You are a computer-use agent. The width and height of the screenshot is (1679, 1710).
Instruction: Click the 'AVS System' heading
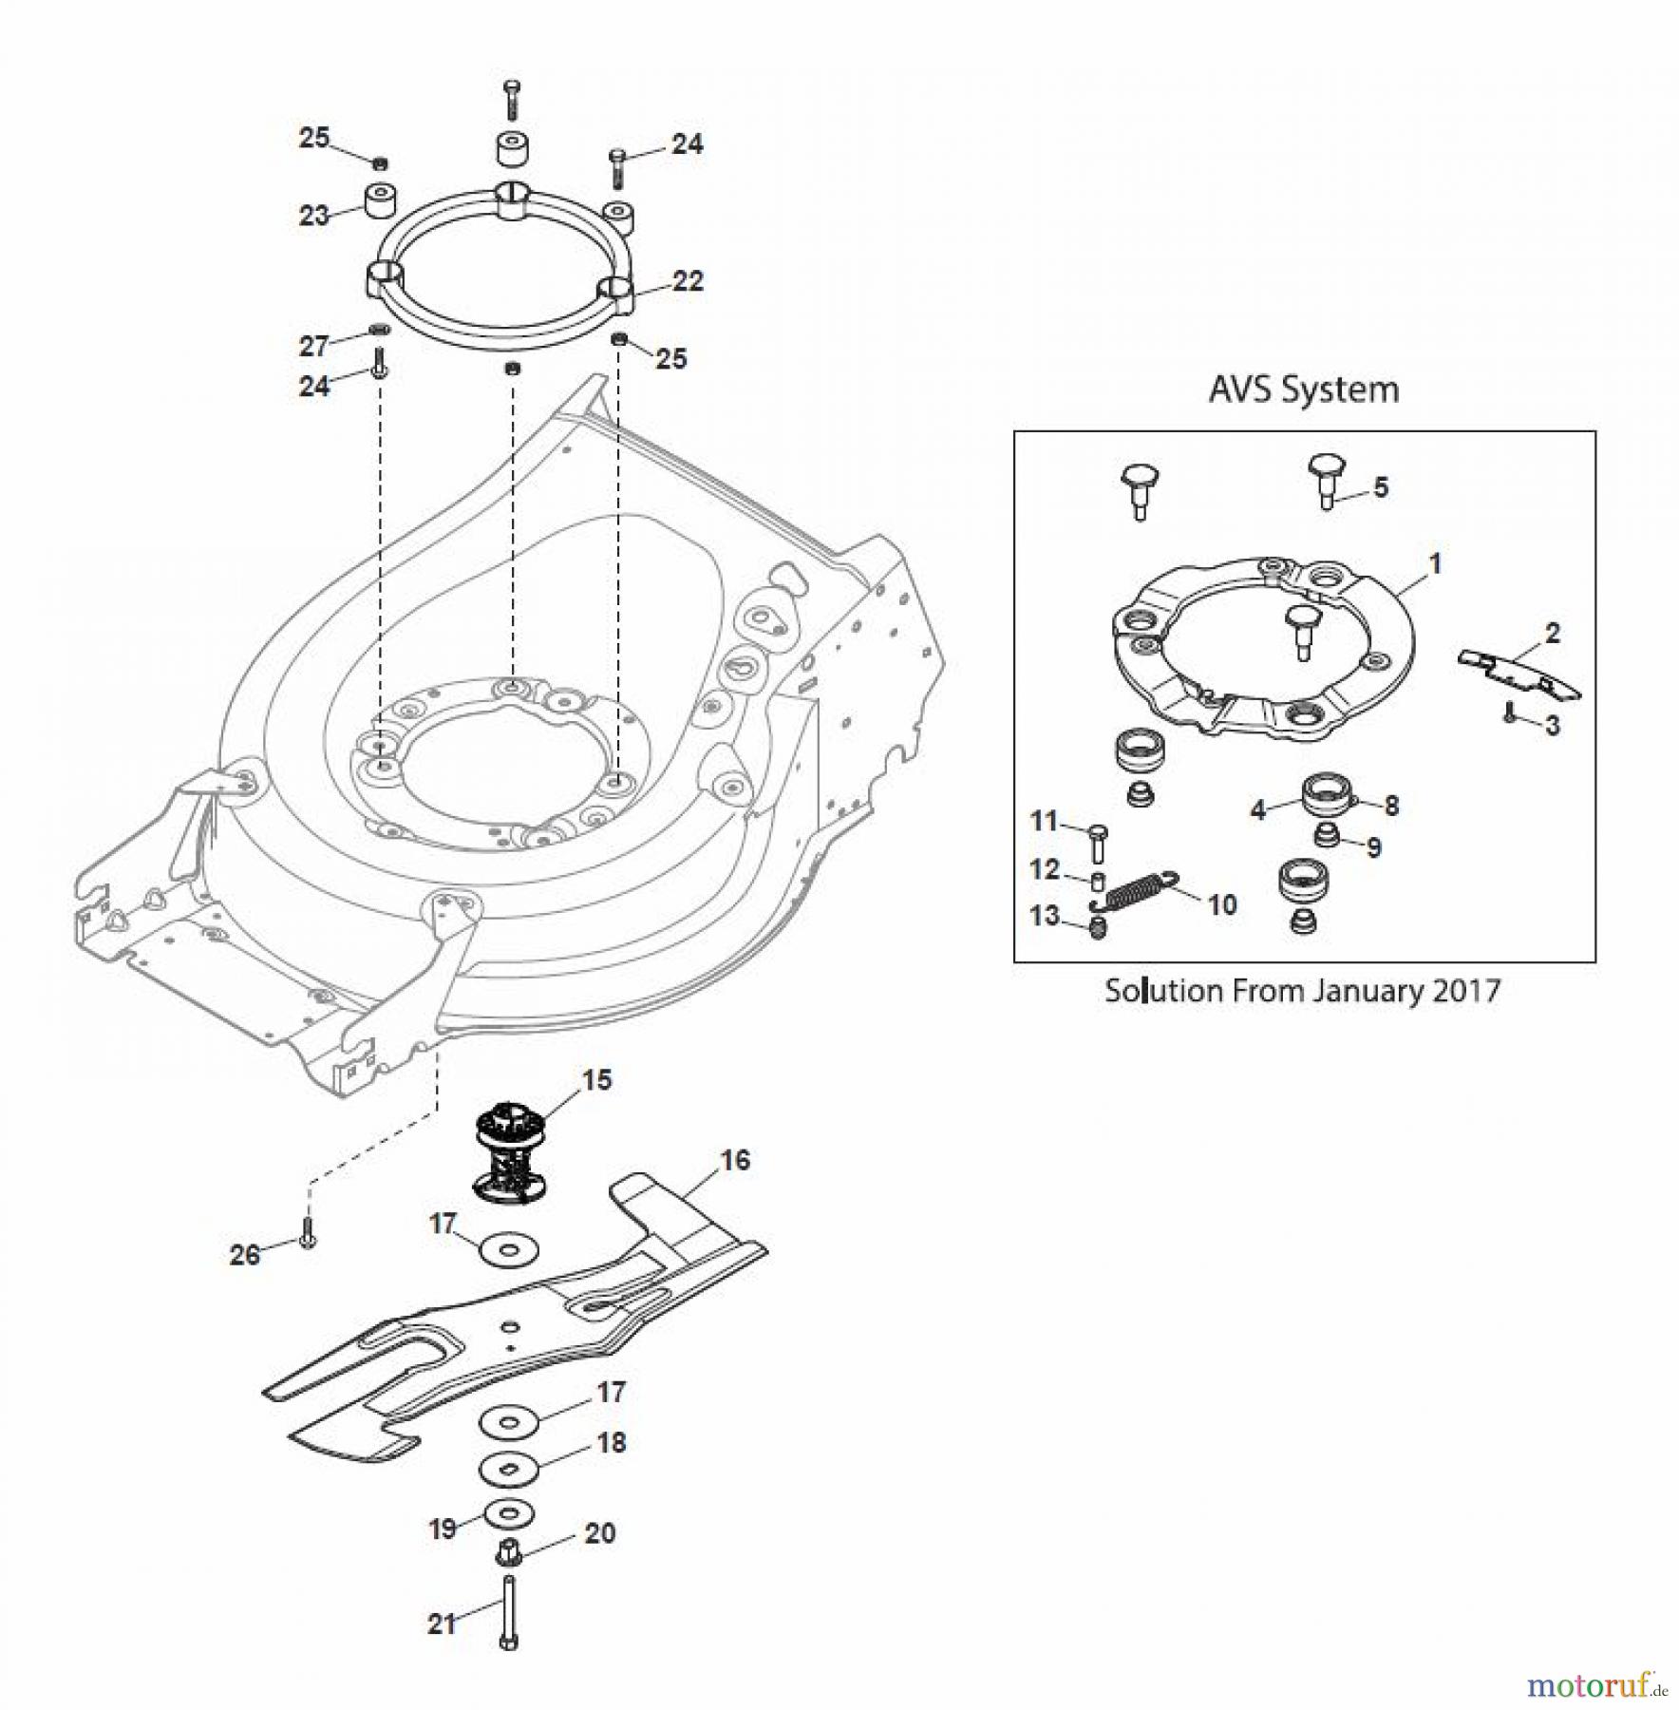pos(1303,390)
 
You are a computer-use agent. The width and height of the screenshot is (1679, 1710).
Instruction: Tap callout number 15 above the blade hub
pos(596,1080)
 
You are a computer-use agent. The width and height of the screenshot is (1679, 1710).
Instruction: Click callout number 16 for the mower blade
pos(735,1160)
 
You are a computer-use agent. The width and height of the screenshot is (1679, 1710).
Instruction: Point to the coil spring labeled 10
pos(1138,892)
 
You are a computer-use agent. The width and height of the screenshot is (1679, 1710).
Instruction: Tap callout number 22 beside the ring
pos(688,281)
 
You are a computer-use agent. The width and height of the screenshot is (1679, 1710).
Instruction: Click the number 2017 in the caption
pos(1466,991)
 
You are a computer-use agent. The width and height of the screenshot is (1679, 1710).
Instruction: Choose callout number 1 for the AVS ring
pos(1435,563)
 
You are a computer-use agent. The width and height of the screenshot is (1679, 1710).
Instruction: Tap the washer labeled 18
pos(509,1470)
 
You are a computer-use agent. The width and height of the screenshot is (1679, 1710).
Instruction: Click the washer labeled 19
pos(509,1512)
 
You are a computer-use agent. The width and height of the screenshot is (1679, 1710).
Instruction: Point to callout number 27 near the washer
pos(313,347)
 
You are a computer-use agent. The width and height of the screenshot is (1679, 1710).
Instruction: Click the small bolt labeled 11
pos(1100,841)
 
